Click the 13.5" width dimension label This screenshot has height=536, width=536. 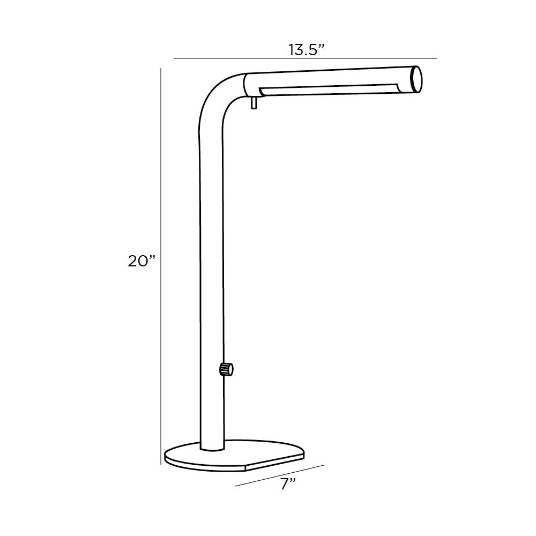click(x=307, y=50)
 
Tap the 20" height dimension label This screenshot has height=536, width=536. click(x=142, y=261)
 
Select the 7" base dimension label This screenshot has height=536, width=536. click(x=288, y=484)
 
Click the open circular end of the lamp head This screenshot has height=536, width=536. click(x=416, y=80)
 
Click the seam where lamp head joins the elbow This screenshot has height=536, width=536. click(x=244, y=85)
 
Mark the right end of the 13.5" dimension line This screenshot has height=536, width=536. click(x=437, y=58)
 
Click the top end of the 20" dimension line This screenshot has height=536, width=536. click(x=161, y=69)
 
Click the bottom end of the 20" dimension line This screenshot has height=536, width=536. click(x=161, y=464)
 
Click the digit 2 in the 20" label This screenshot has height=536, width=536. click(x=134, y=261)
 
